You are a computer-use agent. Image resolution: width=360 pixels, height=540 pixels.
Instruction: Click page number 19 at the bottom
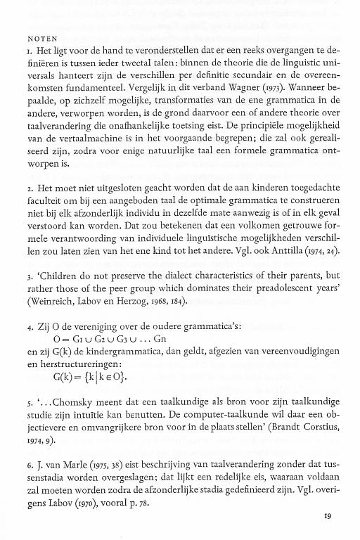tap(328, 516)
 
